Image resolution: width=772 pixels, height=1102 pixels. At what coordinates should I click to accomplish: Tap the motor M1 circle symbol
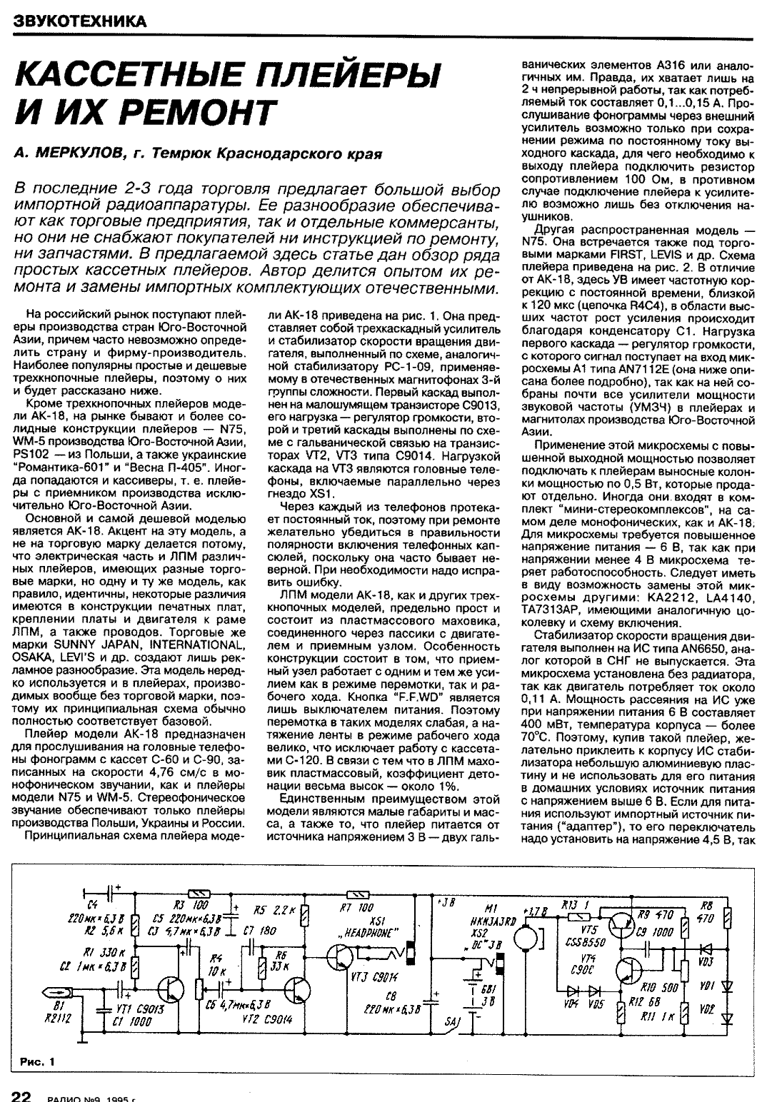pyautogui.click(x=529, y=935)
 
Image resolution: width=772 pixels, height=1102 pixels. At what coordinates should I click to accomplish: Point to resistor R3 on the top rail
pyautogui.click(x=196, y=894)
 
